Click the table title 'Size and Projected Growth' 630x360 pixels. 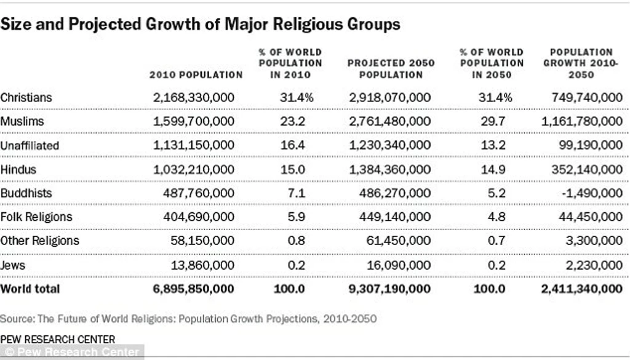point(200,24)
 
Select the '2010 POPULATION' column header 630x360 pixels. point(196,74)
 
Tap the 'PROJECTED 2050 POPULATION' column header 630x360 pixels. point(391,69)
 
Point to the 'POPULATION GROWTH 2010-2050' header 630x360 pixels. point(581,63)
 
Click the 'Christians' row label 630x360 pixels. point(26,98)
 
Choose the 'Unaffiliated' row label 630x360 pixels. point(30,145)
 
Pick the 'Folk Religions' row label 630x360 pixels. point(36,217)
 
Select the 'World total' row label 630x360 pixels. point(30,289)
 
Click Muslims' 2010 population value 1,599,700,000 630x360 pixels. point(194,121)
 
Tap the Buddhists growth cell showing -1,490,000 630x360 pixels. point(592,193)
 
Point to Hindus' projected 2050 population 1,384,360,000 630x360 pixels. point(389,169)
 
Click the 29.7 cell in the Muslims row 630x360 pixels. point(493,121)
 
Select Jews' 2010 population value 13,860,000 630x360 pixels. point(202,265)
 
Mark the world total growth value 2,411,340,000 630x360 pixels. point(582,289)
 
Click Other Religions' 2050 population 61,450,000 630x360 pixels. point(398,241)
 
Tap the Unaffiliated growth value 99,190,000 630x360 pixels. point(591,145)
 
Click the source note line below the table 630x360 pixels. point(188,319)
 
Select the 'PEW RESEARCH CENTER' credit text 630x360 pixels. point(58,340)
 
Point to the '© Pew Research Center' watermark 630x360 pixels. point(72,352)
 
